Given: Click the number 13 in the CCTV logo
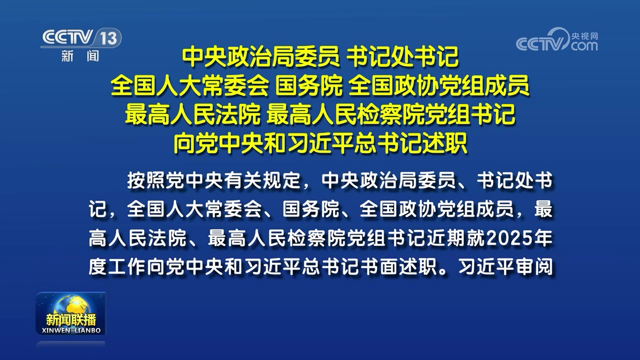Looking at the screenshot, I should (108, 38).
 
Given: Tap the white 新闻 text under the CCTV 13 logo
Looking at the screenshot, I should (80, 56).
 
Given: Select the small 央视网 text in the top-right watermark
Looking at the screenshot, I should (584, 36).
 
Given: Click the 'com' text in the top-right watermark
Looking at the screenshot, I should (584, 46).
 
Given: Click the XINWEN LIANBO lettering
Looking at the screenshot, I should (70, 331).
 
